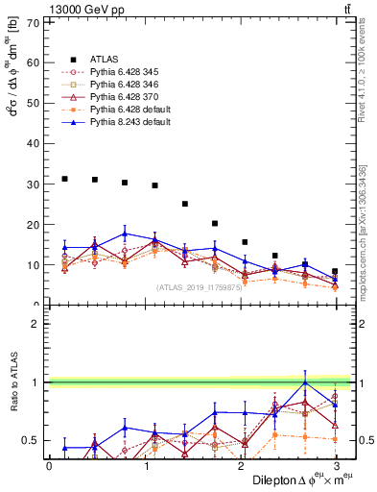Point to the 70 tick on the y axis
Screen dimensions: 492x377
click(35, 23)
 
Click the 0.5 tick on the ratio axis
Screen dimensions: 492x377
click(33, 441)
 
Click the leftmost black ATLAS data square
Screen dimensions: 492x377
click(64, 179)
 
